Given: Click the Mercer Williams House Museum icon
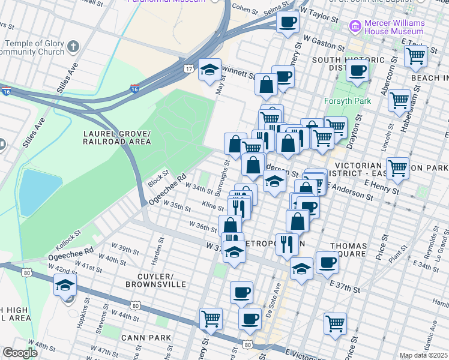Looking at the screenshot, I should tap(355, 26).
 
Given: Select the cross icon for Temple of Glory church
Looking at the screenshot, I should tap(73, 46).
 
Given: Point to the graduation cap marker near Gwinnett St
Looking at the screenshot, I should tap(209, 71).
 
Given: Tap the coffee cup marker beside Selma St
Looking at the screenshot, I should tap(287, 23).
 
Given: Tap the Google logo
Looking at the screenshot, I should tap(20, 353).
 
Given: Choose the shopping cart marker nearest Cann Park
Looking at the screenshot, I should tap(211, 319).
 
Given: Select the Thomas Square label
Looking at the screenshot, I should tap(348, 250).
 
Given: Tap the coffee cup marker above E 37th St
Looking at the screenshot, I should tap(327, 263).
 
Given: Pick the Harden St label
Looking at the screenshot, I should tap(161, 247).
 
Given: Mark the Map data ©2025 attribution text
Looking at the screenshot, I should tap(423, 355).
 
